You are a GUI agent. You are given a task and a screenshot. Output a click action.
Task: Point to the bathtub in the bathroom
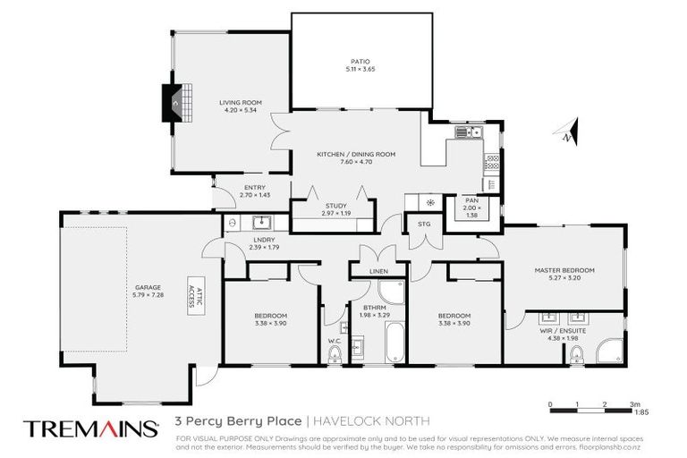pos(392,345)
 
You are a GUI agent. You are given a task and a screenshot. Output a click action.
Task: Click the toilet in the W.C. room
pos(335,355)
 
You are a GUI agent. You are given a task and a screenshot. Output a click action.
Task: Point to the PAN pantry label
pos(471,200)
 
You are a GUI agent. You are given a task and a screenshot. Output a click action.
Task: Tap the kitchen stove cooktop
pos(491,163)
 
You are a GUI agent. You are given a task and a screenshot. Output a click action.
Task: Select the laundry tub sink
pos(263,223)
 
